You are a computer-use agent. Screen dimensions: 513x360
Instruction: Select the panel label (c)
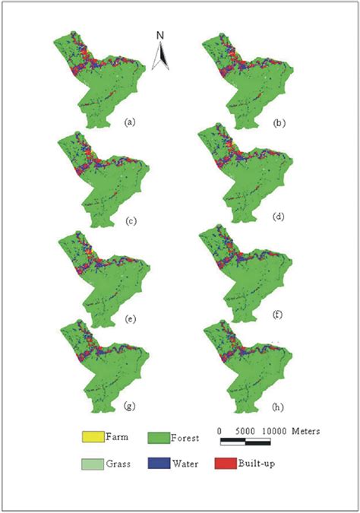point(129,221)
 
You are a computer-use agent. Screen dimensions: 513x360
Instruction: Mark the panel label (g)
point(129,407)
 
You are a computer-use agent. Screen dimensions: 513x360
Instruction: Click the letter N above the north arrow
point(160,35)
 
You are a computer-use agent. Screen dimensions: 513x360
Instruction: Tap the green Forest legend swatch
point(159,437)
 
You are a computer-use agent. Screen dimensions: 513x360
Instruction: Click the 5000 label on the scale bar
point(245,430)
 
